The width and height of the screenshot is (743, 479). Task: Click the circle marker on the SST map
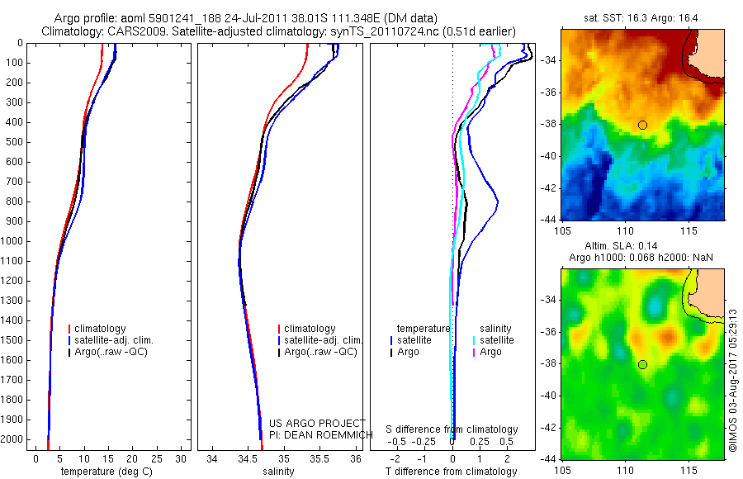tap(642, 125)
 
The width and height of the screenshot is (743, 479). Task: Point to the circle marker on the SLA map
tap(642, 364)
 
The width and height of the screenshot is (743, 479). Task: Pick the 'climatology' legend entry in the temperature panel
tap(101, 329)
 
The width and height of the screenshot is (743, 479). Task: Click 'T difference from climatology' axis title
tap(452, 472)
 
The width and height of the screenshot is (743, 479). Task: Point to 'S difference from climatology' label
tap(452, 429)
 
